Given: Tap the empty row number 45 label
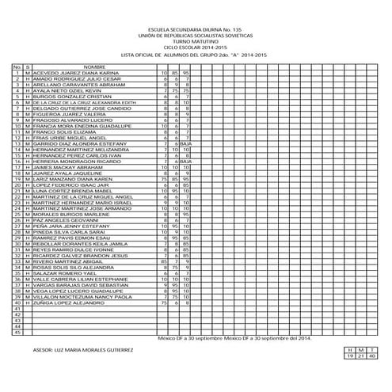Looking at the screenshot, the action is coord(17,331).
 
